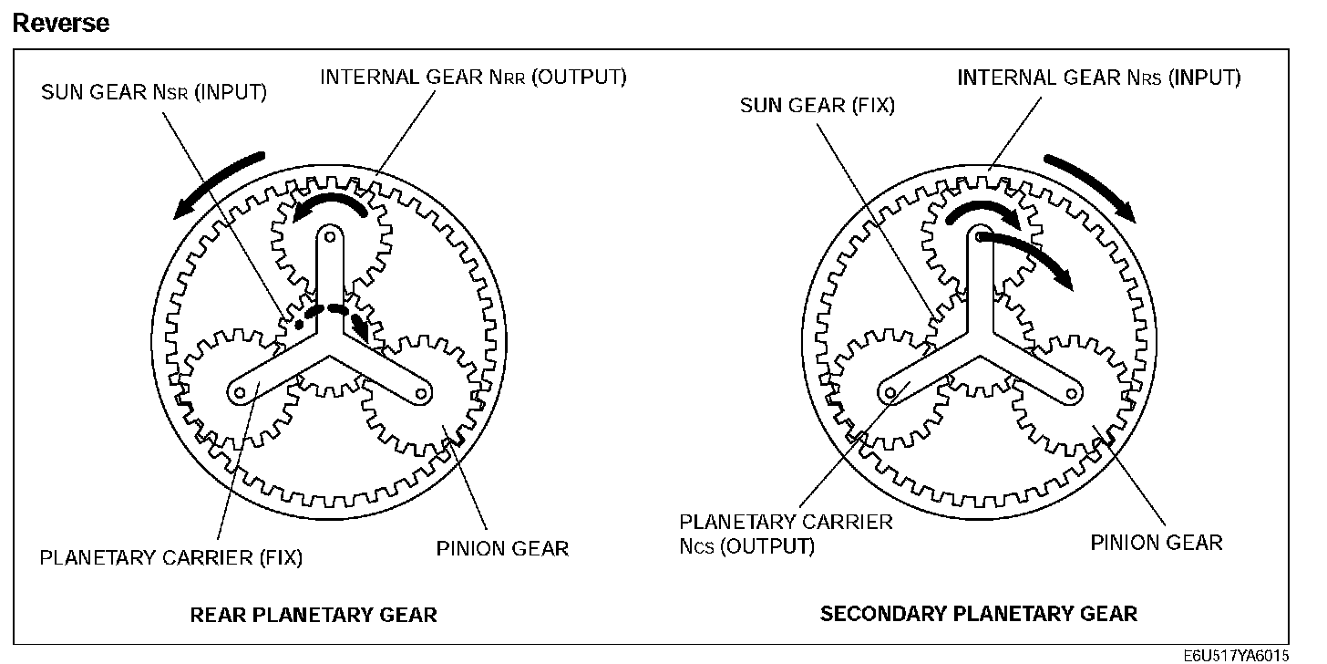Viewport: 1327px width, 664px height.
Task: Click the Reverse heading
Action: tap(60, 23)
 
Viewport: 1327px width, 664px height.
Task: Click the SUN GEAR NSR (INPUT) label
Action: tap(153, 92)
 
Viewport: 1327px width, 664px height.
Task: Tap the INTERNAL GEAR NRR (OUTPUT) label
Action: tap(473, 77)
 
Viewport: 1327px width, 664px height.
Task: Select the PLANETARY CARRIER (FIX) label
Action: tap(170, 556)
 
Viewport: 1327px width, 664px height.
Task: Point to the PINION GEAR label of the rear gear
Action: tap(502, 548)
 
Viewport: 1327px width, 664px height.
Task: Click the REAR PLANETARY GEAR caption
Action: tap(314, 614)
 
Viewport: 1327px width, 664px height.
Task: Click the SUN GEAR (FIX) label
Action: tap(817, 105)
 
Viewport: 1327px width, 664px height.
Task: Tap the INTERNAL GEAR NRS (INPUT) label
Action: tap(1098, 78)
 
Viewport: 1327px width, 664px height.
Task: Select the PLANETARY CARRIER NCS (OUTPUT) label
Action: tap(786, 534)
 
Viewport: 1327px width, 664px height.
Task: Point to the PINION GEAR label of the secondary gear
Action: tap(1156, 543)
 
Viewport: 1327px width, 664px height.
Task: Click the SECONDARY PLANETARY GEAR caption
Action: tap(979, 613)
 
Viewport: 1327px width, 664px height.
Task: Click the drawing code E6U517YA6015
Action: tap(1236, 656)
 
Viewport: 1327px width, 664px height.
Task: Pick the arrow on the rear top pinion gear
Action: tap(330, 205)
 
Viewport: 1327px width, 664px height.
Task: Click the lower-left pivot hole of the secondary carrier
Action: tap(891, 392)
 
